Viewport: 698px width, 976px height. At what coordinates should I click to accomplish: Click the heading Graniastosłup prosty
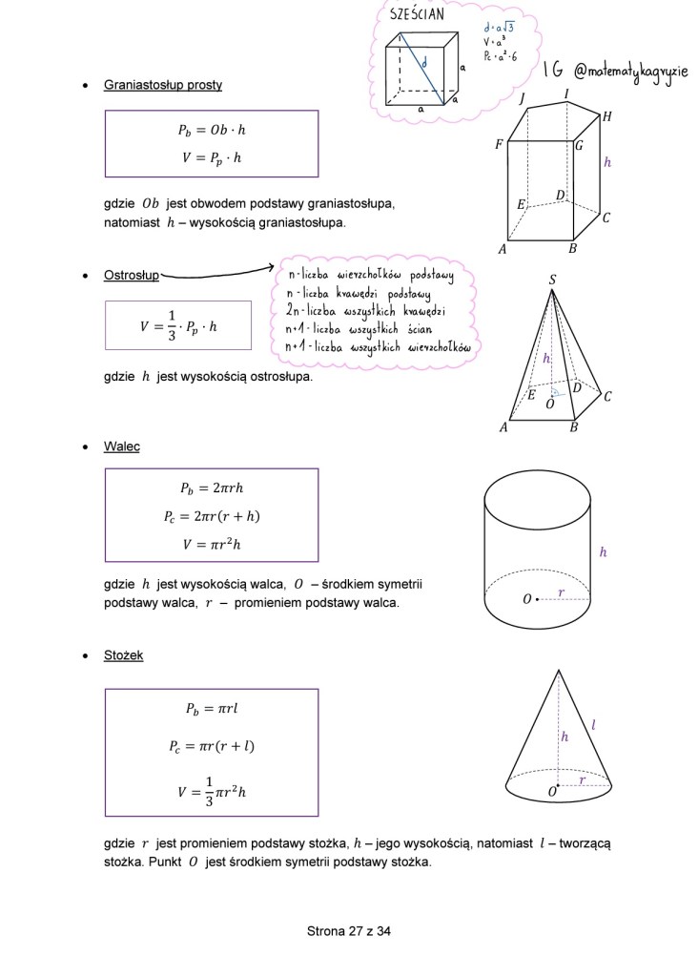pos(163,85)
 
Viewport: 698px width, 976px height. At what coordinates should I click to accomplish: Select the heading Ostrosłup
pos(132,276)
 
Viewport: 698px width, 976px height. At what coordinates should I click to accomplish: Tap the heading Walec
pos(122,446)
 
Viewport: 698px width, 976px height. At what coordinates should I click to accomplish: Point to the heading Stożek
pos(124,655)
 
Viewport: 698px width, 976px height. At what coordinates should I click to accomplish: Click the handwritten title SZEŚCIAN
pos(417,13)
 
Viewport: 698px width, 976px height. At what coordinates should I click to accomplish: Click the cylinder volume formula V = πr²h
pos(212,544)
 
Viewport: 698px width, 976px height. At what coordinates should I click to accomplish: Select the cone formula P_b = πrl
pos(212,709)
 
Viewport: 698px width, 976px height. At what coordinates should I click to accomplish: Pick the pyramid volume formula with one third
pos(178,325)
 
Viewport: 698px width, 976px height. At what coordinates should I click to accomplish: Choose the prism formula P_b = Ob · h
pos(212,130)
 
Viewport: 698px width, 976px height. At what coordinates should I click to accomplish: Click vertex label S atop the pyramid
pos(552,280)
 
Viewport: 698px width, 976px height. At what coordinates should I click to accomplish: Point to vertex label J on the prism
pos(523,98)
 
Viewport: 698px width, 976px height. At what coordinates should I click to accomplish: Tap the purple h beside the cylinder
pos(603,552)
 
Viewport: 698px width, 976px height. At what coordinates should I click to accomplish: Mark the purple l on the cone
pos(593,726)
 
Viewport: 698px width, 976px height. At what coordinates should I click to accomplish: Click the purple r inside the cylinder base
pos(562,592)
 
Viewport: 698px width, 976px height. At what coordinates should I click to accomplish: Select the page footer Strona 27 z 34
pos(349,931)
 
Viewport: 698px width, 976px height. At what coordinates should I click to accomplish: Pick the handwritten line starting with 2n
pos(366,312)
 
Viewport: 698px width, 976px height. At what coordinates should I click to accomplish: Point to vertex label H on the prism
pos(606,115)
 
